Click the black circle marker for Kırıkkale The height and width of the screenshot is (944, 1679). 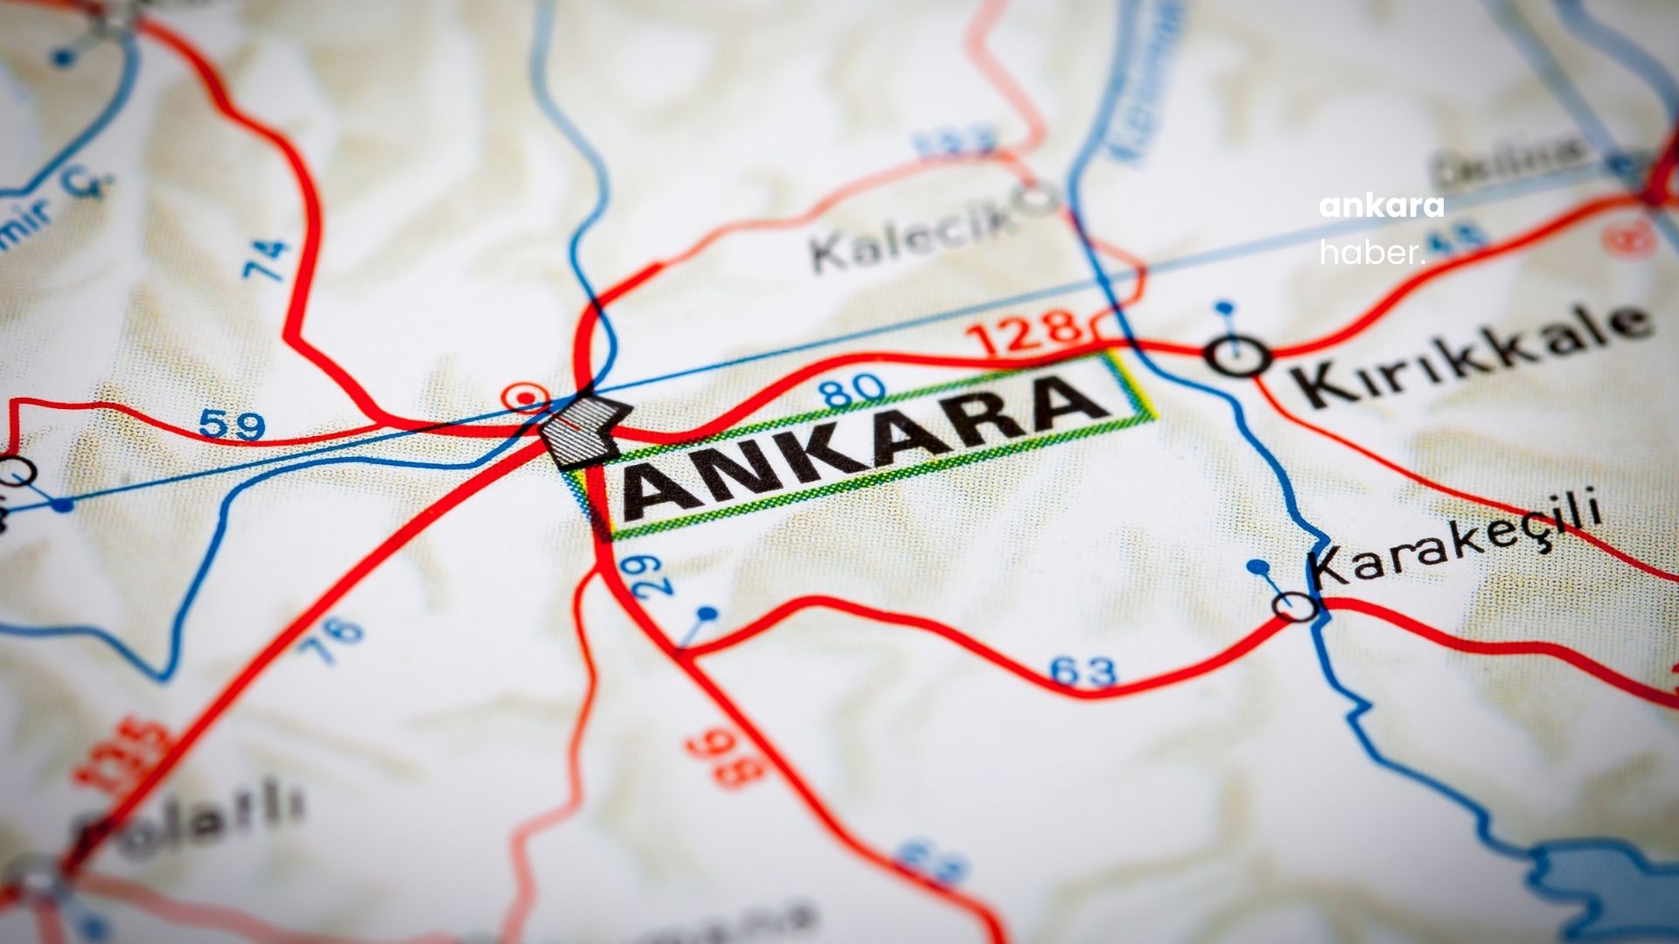[1237, 356]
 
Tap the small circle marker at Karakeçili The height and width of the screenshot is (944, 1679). [1295, 606]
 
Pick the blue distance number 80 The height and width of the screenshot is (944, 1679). [853, 390]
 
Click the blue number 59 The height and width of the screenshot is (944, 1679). [232, 426]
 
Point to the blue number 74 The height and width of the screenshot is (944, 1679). [267, 260]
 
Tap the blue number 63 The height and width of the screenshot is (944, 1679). [1083, 671]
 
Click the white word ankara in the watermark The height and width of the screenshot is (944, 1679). [1381, 207]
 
